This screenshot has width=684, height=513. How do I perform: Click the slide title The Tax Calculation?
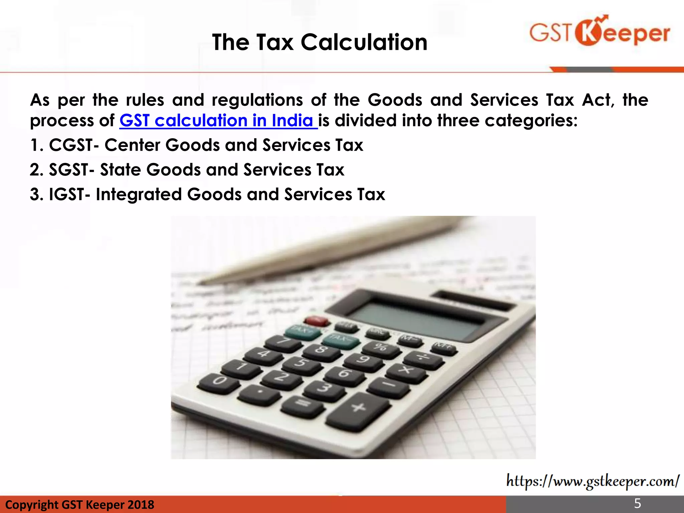point(320,42)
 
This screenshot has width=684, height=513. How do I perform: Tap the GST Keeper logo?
point(600,31)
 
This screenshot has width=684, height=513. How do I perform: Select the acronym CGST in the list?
point(71,145)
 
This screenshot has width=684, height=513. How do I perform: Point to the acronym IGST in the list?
point(66,194)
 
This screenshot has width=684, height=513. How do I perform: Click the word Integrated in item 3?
point(138,194)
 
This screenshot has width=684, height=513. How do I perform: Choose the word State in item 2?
point(120,170)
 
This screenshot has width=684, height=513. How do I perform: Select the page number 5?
point(638,503)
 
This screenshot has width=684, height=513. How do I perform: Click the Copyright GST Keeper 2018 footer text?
point(80,504)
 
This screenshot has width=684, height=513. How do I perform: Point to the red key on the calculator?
point(317,321)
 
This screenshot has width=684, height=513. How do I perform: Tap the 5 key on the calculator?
point(301,363)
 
